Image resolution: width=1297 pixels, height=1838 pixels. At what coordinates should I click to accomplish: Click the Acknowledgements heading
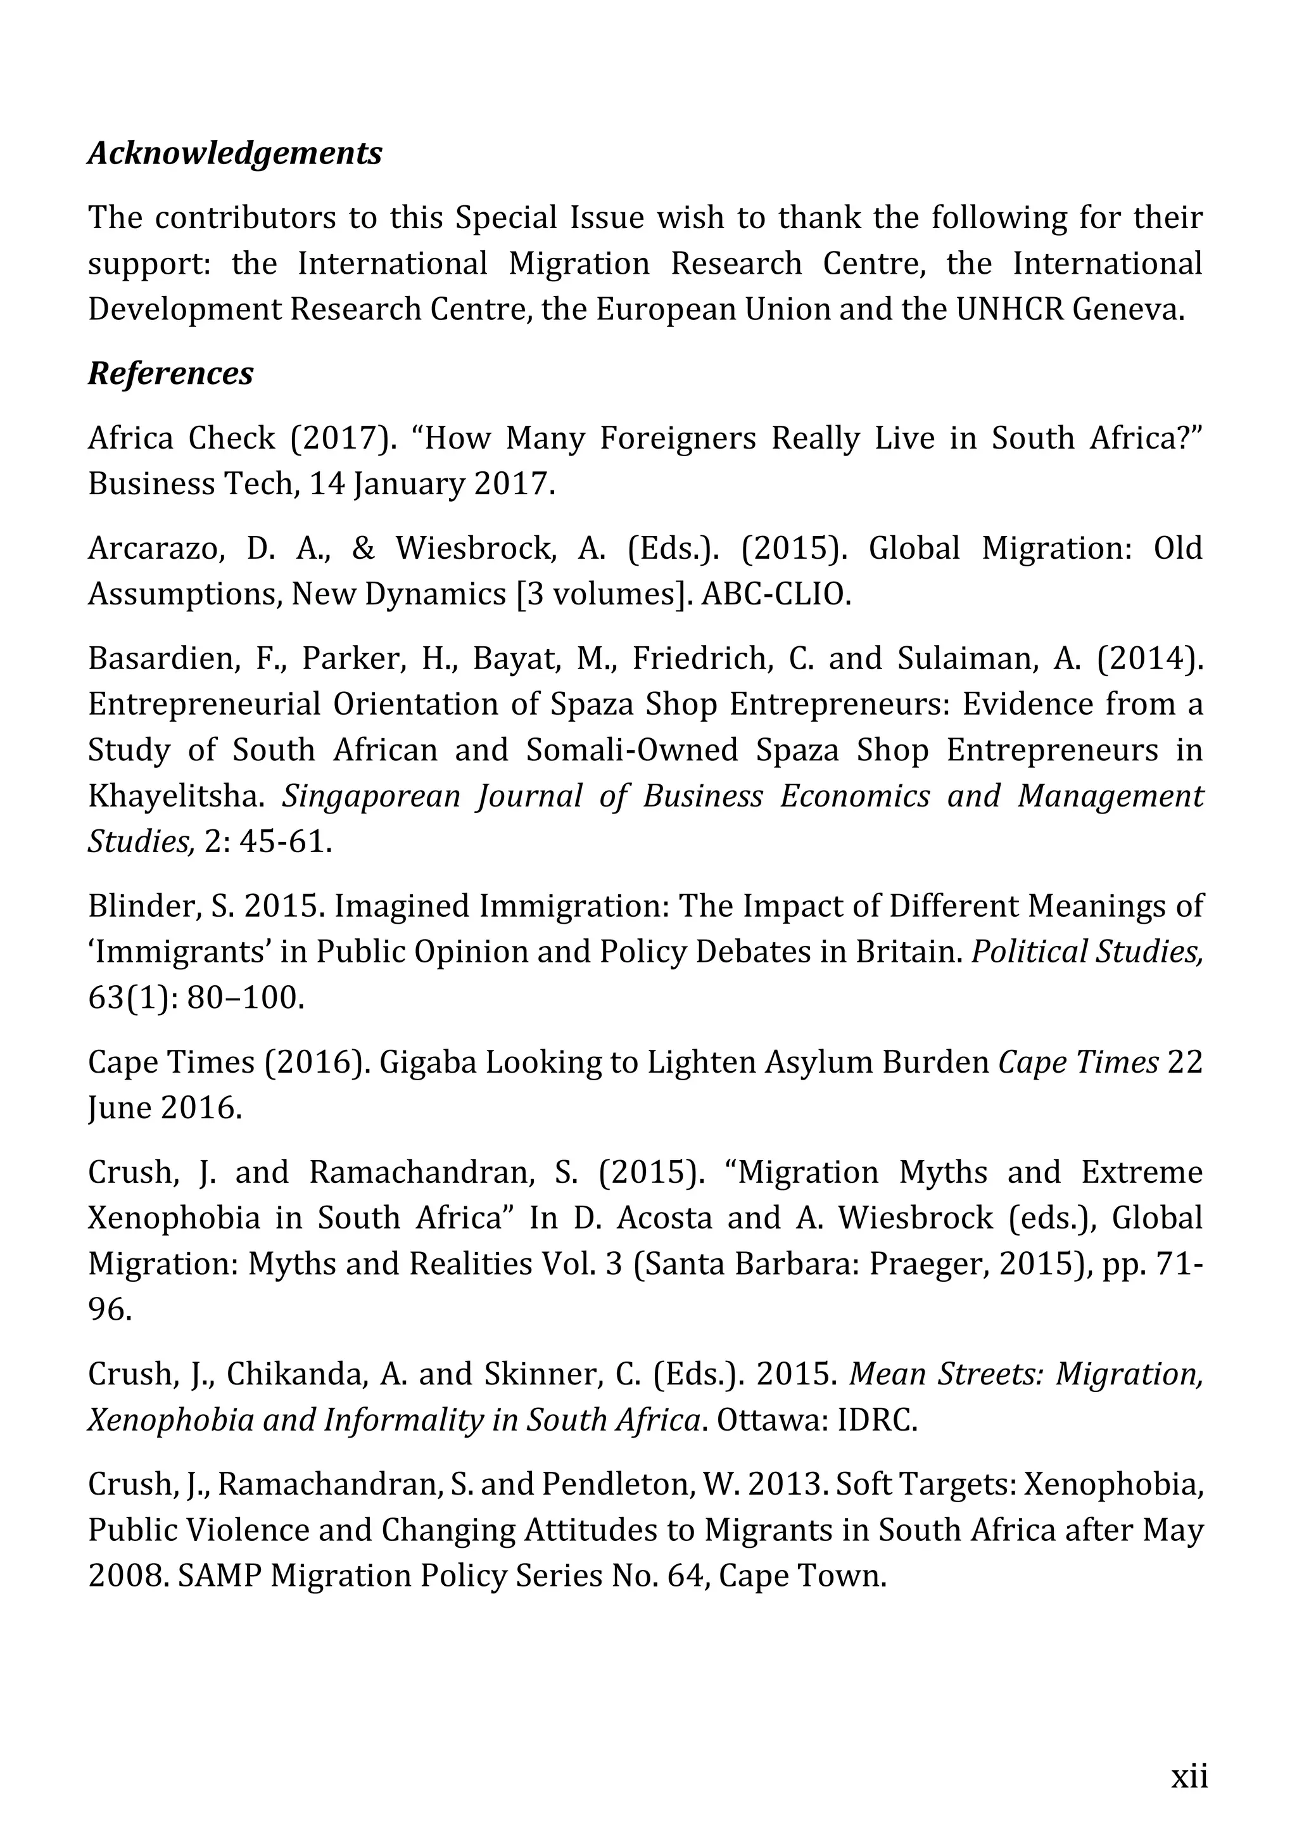tap(235, 153)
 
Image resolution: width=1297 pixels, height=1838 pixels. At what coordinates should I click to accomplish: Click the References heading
tap(170, 373)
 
